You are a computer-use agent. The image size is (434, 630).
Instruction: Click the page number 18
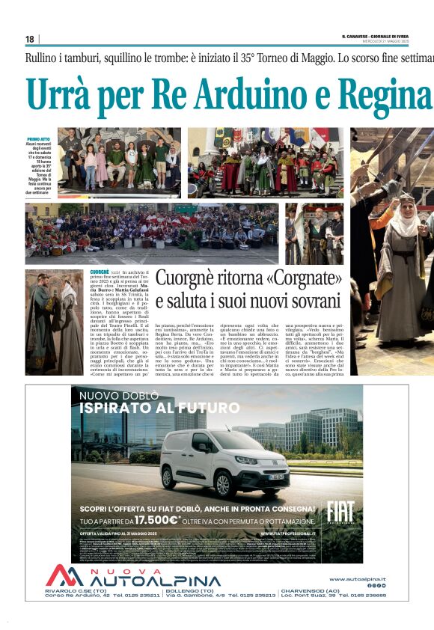click(x=30, y=39)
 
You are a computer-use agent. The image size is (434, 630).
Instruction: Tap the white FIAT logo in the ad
click(x=340, y=512)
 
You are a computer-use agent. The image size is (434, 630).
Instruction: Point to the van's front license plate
click(x=276, y=477)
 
